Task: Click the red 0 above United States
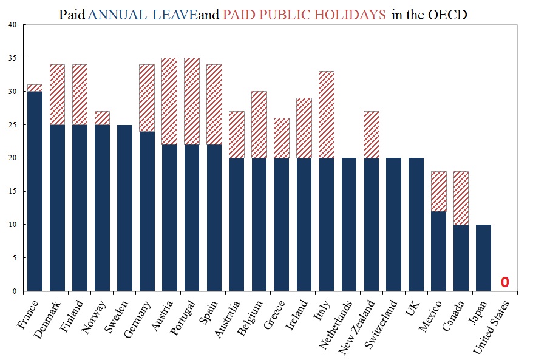pyautogui.click(x=504, y=283)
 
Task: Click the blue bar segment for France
pyautogui.click(x=35, y=191)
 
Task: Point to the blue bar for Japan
pyautogui.click(x=484, y=257)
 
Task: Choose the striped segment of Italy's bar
pyautogui.click(x=327, y=115)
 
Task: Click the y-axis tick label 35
pyautogui.click(x=13, y=58)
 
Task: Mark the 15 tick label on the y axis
pyautogui.click(x=13, y=191)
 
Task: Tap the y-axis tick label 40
pyautogui.click(x=13, y=25)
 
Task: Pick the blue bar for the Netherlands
pyautogui.click(x=349, y=225)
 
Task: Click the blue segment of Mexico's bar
pyautogui.click(x=439, y=251)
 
